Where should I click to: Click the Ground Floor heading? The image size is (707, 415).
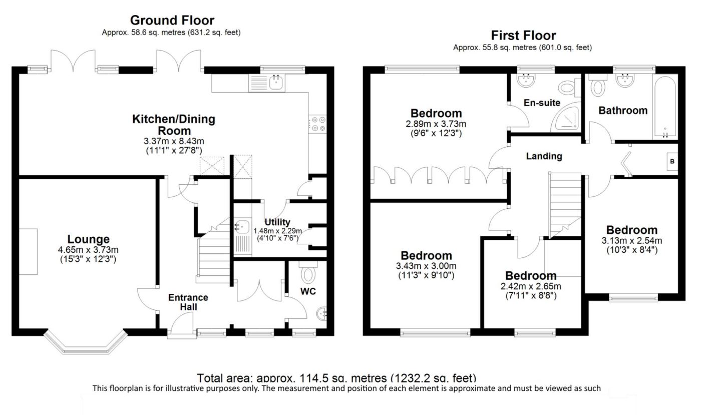[x=172, y=21]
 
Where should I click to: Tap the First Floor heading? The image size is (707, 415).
[x=523, y=36]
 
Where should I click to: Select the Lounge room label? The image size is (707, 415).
[x=88, y=239]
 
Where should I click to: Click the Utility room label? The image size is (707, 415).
[x=277, y=222]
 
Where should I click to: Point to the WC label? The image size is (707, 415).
[x=308, y=291]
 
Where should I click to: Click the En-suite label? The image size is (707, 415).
[x=542, y=103]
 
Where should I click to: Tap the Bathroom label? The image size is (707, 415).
[x=623, y=111]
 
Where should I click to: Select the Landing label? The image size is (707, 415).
[x=544, y=156]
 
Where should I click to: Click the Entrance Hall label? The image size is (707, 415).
[x=188, y=302]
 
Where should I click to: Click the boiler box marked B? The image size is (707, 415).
[x=672, y=162]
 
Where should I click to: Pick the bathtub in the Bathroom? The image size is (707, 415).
[x=665, y=107]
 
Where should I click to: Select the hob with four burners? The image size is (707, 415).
[x=318, y=124]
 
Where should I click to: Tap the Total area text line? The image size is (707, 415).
[x=336, y=378]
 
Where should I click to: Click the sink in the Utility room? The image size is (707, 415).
[x=242, y=227]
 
